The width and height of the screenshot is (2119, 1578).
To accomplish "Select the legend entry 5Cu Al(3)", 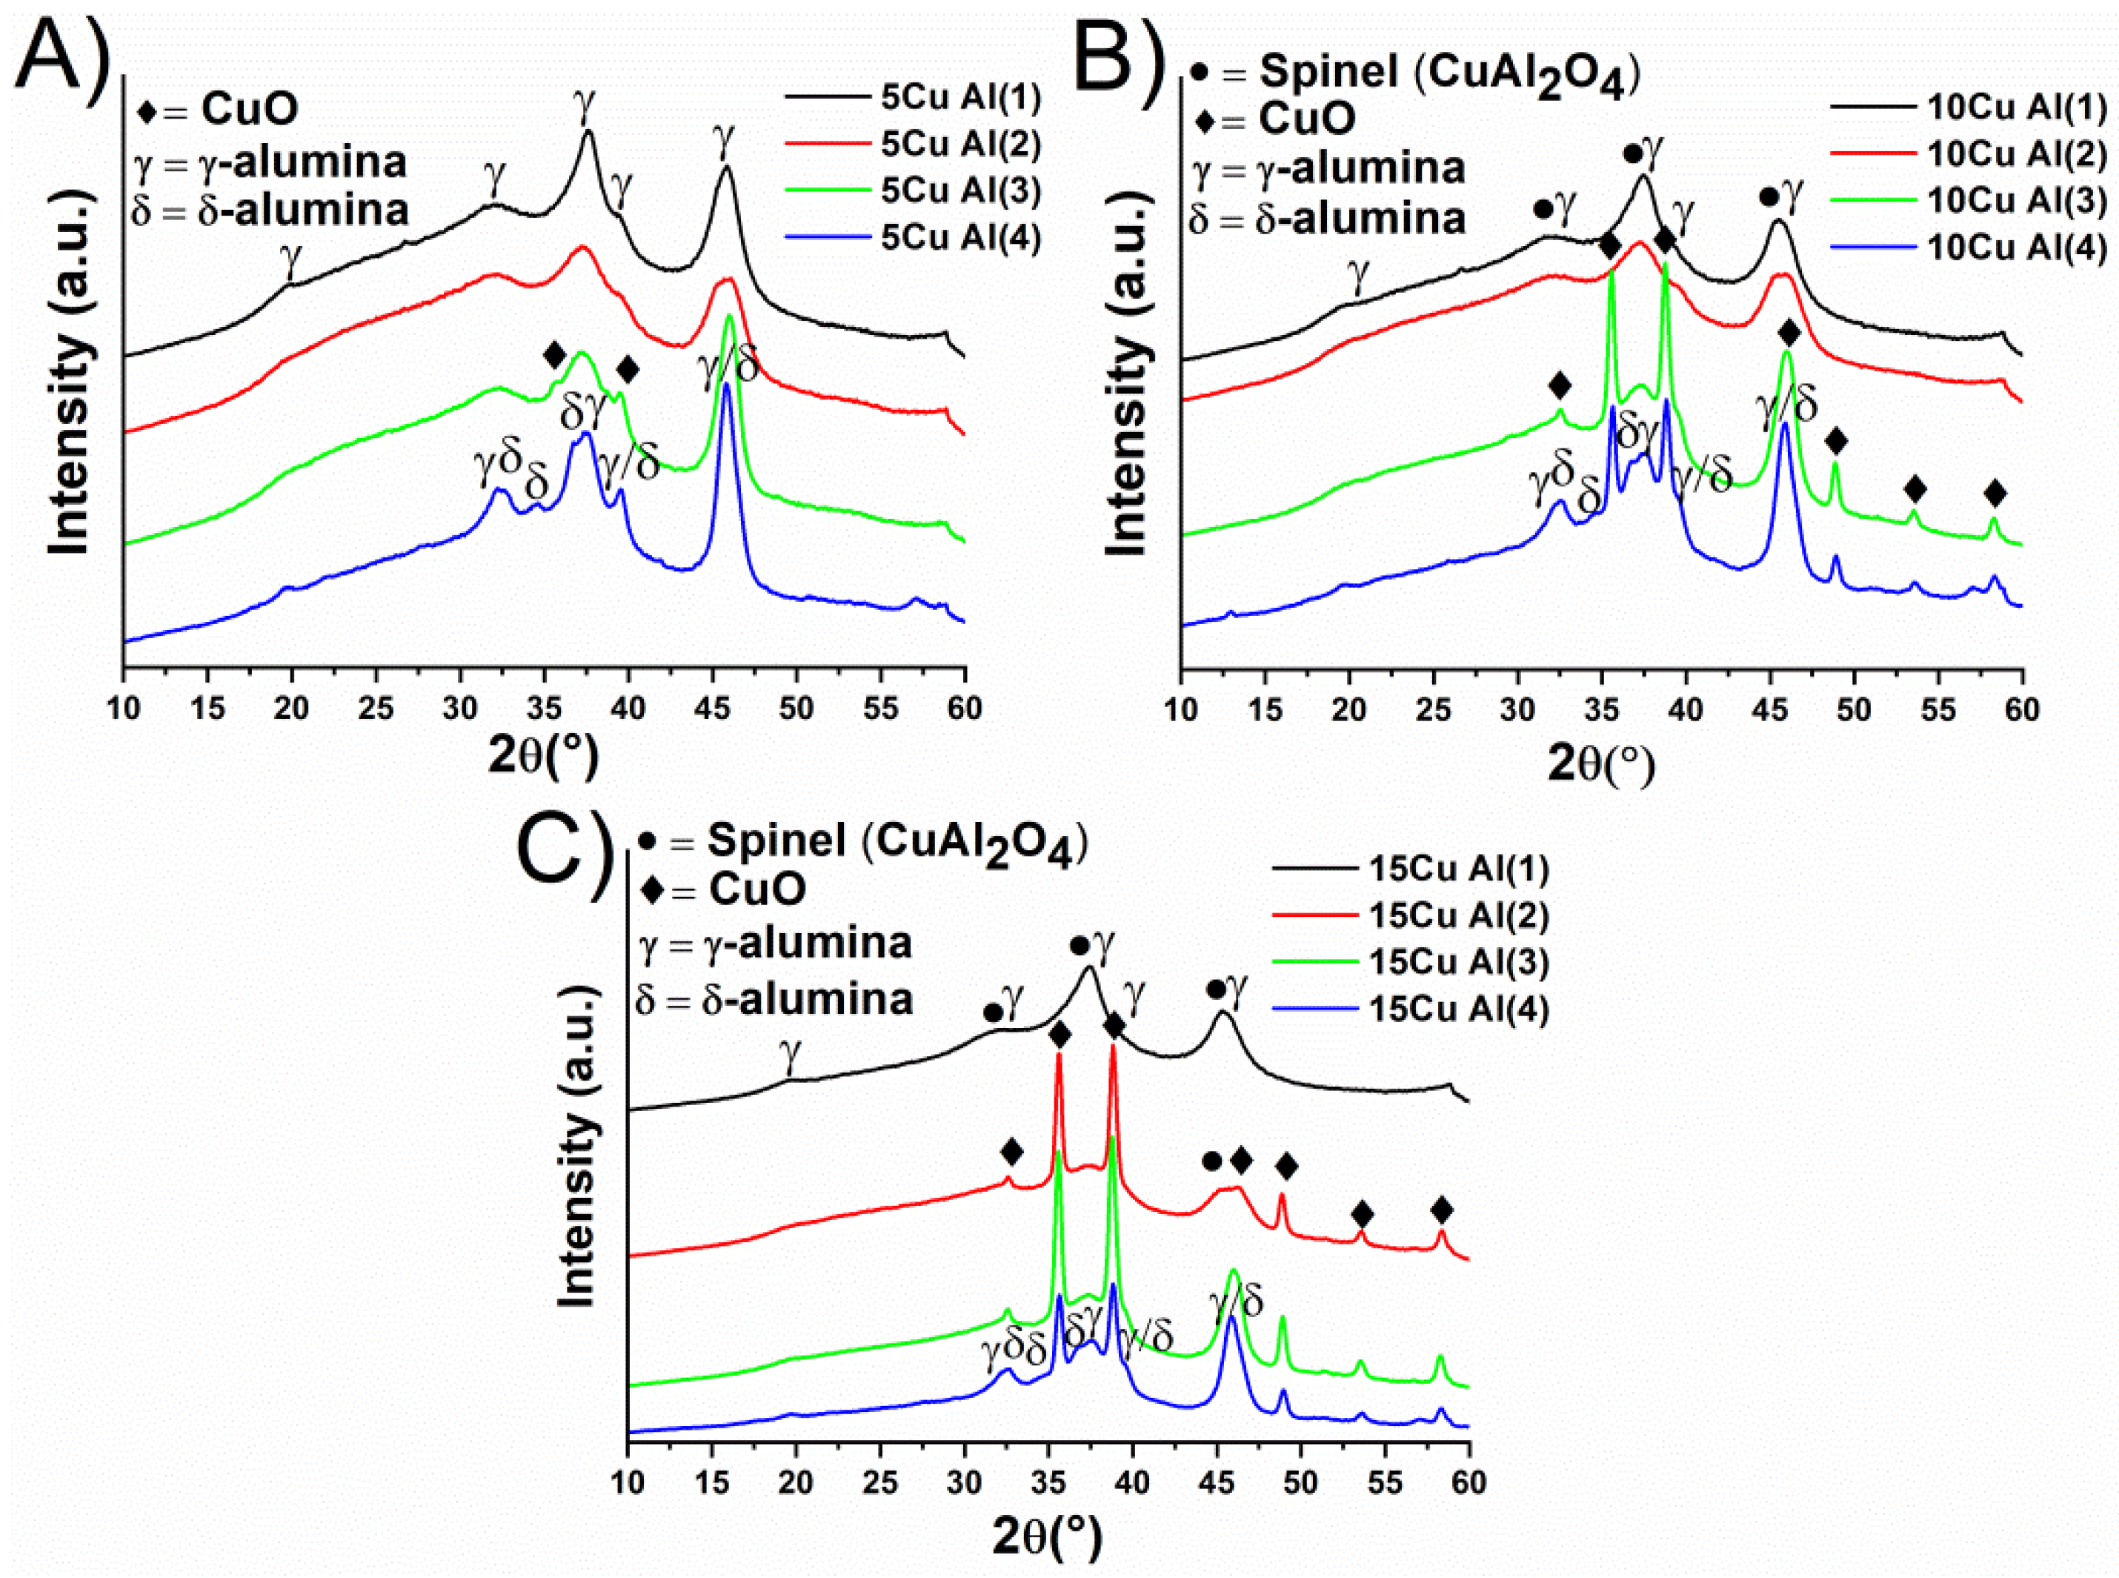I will pos(959,191).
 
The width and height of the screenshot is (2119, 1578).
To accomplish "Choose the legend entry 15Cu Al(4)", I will pos(1458,1010).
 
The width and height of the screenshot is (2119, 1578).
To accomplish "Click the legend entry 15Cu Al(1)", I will pos(1458,869).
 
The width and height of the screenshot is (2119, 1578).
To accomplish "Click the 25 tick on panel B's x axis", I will pos(1434,709).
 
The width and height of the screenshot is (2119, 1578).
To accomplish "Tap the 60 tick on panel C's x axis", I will pos(1468,1482).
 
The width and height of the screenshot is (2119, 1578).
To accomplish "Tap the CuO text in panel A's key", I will pos(249,109).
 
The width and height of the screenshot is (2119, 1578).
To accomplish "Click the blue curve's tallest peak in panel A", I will pos(727,386).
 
